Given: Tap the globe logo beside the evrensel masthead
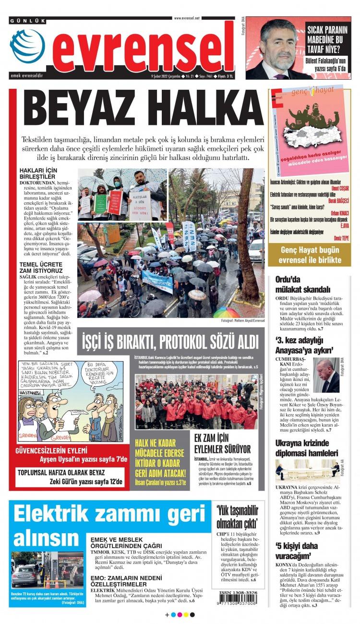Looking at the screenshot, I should pyautogui.click(x=27, y=47).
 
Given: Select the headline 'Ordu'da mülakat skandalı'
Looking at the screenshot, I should pyautogui.click(x=309, y=284).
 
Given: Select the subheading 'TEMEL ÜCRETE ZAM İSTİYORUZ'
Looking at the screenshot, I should pyautogui.click(x=41, y=268).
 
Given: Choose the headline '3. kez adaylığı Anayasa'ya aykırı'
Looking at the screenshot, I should pyautogui.click(x=311, y=344).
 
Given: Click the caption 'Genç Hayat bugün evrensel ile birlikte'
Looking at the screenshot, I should pyautogui.click(x=312, y=255).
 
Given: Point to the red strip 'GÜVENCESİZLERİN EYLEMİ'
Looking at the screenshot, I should pyautogui.click(x=51, y=451).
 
